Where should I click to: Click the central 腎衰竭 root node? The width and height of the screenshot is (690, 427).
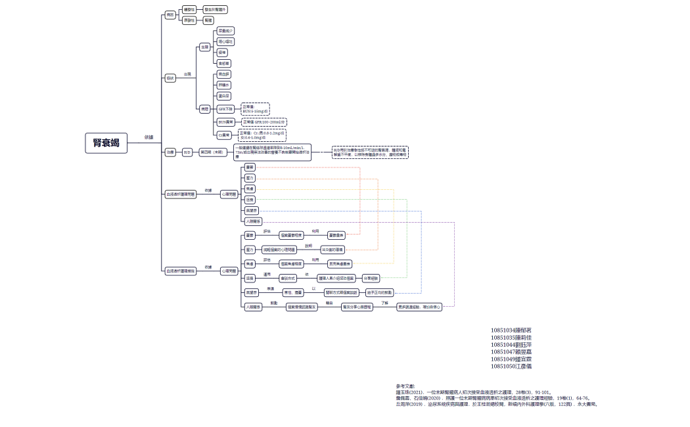click(106, 143)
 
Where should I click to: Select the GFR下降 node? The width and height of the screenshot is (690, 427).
click(225, 109)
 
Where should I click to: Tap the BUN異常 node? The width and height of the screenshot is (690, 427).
click(225, 122)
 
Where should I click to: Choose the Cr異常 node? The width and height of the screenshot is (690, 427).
click(224, 135)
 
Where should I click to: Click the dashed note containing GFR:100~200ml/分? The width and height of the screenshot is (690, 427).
click(264, 122)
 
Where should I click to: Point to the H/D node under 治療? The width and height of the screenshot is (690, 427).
click(187, 152)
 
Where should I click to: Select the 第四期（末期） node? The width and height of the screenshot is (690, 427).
click(214, 152)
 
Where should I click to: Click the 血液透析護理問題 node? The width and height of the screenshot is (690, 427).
click(181, 194)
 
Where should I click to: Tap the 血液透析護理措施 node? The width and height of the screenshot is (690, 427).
click(181, 271)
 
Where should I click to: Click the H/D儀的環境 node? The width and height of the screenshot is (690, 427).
click(333, 250)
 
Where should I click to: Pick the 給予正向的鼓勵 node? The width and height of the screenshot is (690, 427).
click(380, 292)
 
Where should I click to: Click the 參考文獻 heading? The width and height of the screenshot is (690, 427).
click(405, 386)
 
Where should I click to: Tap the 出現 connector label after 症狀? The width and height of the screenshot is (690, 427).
click(187, 74)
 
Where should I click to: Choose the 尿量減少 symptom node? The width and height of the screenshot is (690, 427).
click(225, 31)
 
